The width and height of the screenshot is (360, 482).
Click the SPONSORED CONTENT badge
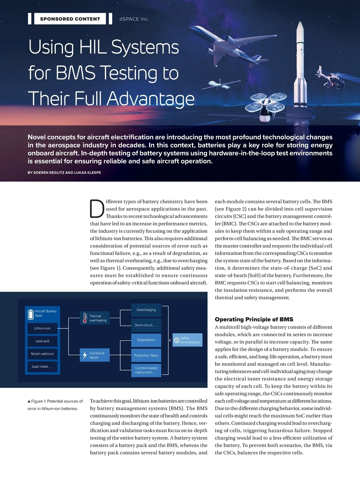(x=70, y=19)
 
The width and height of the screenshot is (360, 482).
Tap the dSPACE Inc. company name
(x=134, y=19)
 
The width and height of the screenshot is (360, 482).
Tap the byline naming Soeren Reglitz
(x=64, y=173)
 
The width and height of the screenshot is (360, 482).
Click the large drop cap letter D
(x=97, y=209)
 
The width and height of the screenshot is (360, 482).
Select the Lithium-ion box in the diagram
(x=42, y=328)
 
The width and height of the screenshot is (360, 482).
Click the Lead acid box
(x=42, y=341)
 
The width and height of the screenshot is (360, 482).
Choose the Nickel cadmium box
(x=42, y=354)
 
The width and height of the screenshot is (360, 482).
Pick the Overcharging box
(x=146, y=310)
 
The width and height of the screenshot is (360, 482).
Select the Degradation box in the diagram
(x=146, y=340)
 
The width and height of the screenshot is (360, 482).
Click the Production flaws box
(x=146, y=355)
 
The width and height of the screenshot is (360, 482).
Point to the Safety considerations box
(x=187, y=340)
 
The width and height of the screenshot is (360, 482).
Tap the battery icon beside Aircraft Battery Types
(x=31, y=314)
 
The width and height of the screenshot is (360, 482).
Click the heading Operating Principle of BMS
(x=254, y=319)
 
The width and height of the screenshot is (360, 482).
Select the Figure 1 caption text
(x=55, y=405)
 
